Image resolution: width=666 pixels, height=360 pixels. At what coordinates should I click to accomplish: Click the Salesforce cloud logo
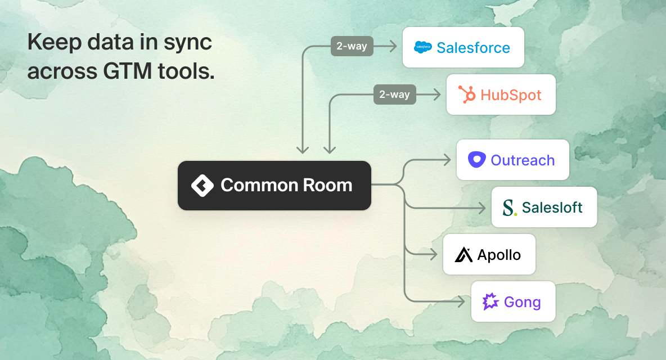pyautogui.click(x=422, y=47)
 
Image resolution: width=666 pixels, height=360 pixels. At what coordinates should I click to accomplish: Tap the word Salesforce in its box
pyautogui.click(x=473, y=48)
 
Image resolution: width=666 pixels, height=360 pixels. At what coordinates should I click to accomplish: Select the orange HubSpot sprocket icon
pyautogui.click(x=467, y=94)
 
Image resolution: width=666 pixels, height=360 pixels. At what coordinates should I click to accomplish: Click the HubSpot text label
pyautogui.click(x=511, y=95)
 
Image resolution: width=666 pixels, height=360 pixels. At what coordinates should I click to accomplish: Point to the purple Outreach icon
pyautogui.click(x=476, y=160)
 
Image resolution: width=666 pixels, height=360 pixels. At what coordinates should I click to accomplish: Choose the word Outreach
pyautogui.click(x=523, y=160)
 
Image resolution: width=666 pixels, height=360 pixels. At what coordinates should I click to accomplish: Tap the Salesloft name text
pyautogui.click(x=552, y=208)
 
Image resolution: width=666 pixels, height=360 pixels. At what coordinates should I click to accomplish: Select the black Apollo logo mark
pyautogui.click(x=464, y=255)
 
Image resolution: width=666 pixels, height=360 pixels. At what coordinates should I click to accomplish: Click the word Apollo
pyautogui.click(x=499, y=255)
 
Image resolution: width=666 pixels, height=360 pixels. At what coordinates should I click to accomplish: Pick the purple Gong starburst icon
pyautogui.click(x=490, y=302)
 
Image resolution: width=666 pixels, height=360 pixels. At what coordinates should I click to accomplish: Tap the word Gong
pyautogui.click(x=522, y=302)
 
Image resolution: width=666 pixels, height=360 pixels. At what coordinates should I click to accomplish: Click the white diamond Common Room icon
pyautogui.click(x=202, y=185)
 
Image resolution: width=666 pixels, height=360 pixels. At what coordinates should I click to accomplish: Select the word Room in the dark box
pyautogui.click(x=328, y=185)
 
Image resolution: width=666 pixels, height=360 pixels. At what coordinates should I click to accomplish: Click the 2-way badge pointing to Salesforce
pyautogui.click(x=352, y=47)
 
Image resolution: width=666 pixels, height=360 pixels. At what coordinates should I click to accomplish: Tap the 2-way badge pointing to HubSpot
pyautogui.click(x=394, y=94)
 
